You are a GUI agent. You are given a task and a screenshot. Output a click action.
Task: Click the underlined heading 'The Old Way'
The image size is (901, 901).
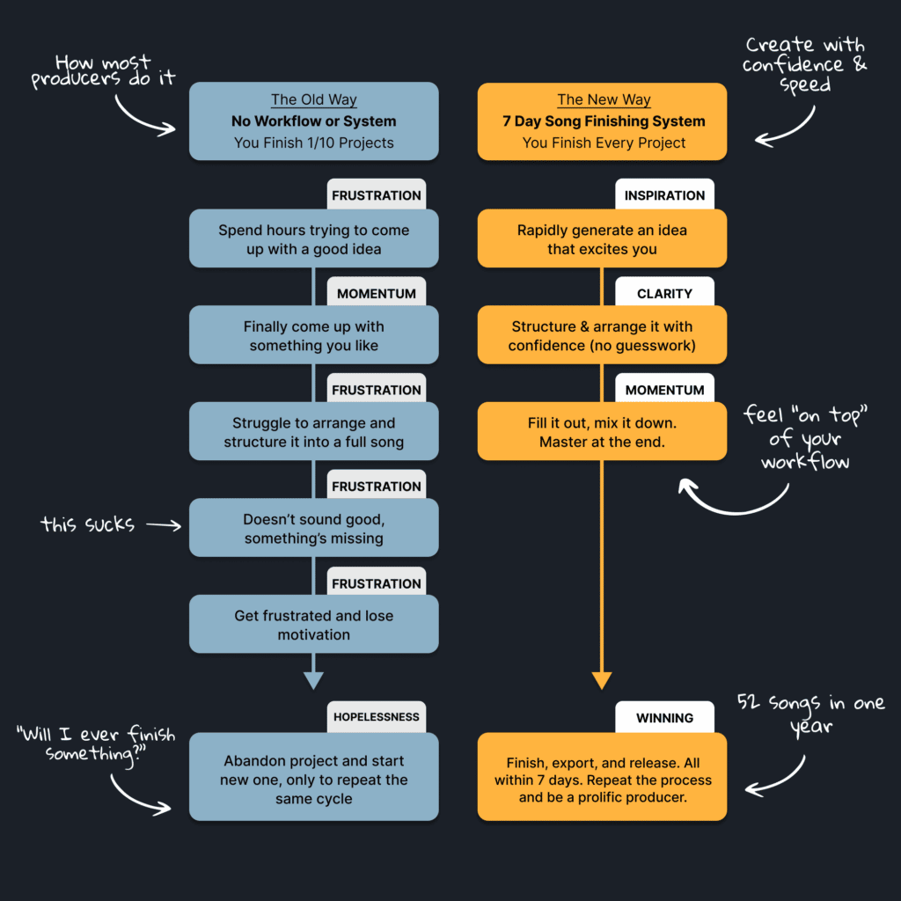click(314, 100)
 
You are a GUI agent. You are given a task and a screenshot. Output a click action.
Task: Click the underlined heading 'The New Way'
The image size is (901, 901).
click(604, 100)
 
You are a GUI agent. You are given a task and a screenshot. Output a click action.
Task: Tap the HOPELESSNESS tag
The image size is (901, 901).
click(377, 716)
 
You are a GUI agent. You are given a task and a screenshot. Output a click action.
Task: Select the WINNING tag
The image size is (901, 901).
click(664, 717)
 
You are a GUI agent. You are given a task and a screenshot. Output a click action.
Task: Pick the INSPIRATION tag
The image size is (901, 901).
click(664, 194)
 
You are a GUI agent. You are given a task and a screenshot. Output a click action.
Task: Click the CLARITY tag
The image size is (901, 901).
click(664, 293)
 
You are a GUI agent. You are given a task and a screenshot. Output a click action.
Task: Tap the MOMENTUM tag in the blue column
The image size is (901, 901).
click(377, 293)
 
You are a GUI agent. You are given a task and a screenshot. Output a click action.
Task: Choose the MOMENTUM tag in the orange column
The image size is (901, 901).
click(664, 390)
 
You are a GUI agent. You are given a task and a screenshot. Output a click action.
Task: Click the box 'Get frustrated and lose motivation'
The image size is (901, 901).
click(314, 624)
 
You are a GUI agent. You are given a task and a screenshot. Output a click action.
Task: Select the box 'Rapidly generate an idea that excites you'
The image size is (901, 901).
click(602, 238)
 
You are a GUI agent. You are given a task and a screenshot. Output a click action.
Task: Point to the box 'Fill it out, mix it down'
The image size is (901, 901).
click(602, 431)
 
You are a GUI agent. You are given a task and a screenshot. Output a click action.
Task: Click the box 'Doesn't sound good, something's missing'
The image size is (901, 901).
click(314, 528)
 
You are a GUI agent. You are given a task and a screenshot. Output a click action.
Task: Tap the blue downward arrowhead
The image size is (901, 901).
click(313, 680)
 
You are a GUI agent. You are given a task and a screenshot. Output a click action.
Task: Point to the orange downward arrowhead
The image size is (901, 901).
click(602, 680)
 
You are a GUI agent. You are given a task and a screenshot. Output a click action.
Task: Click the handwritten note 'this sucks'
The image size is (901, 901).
click(87, 524)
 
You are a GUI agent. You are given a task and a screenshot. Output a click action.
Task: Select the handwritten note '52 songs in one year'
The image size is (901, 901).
click(810, 714)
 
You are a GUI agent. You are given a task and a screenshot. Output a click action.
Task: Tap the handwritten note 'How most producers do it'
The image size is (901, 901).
click(104, 71)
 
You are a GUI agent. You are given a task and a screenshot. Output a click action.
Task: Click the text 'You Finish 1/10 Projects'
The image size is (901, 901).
click(314, 143)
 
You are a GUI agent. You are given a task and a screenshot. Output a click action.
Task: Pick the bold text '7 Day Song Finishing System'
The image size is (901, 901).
click(604, 121)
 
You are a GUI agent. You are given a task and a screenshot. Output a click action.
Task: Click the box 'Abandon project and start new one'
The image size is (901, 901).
click(314, 776)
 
